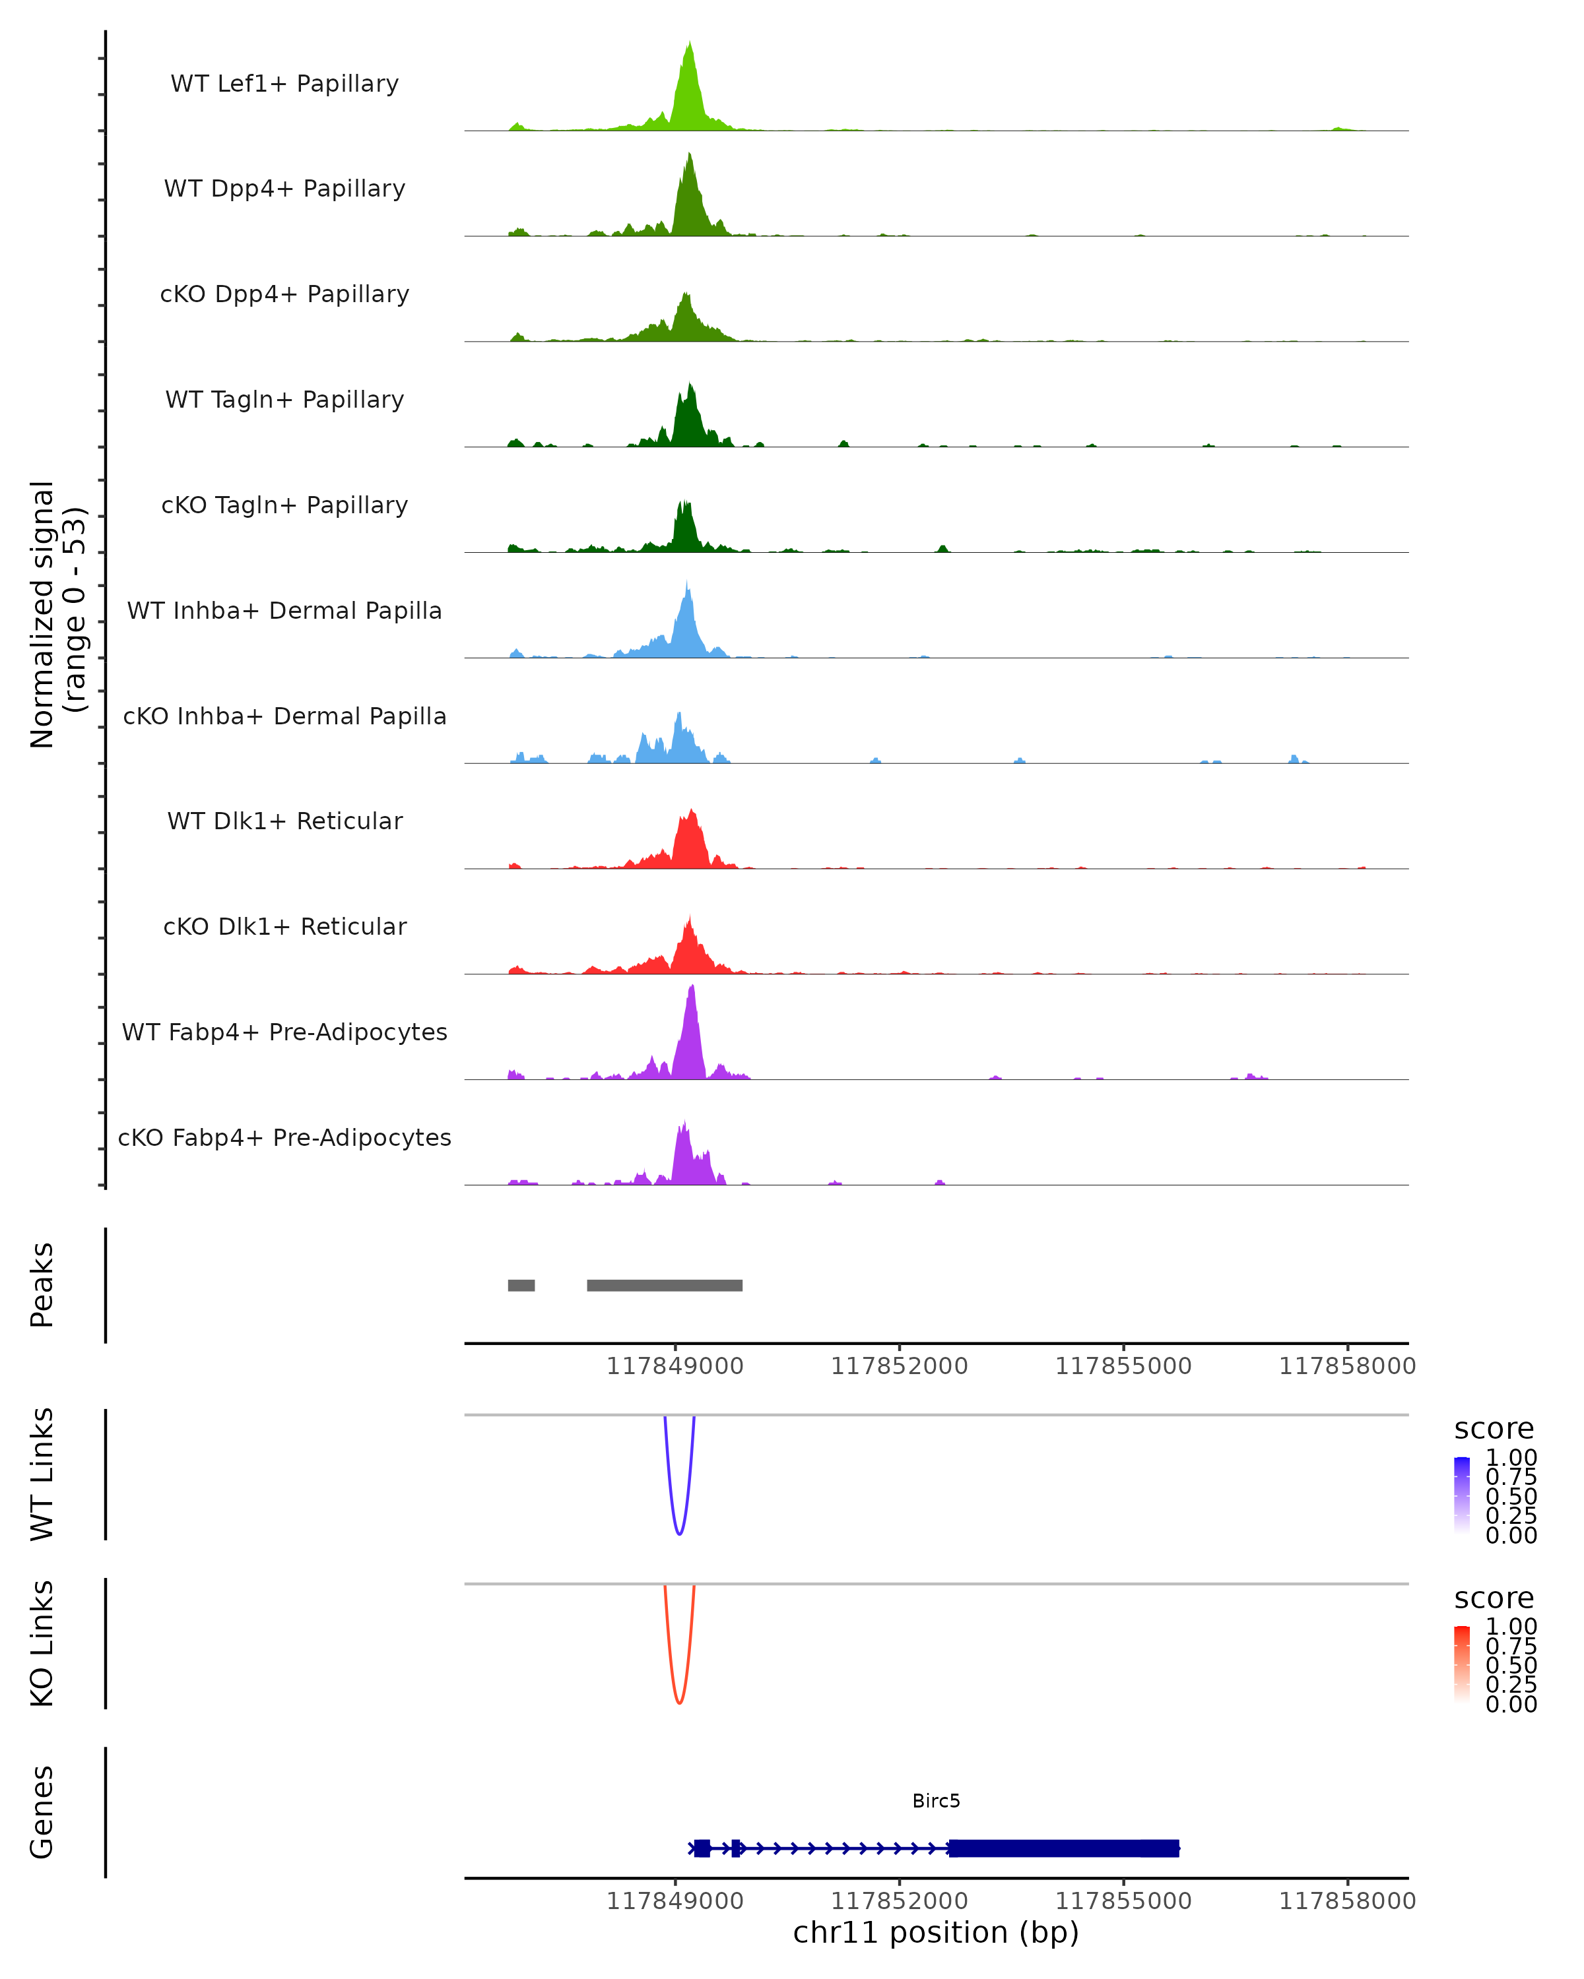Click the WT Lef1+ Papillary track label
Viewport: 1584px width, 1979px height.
[284, 84]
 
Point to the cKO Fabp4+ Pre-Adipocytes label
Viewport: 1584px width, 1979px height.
[284, 1137]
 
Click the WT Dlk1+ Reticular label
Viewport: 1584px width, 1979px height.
[284, 821]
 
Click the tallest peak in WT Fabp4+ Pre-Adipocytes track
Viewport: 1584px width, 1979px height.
[692, 988]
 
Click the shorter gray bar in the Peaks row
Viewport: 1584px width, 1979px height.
[521, 1285]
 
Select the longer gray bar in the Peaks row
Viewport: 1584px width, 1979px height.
[665, 1285]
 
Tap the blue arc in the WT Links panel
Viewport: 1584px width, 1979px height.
[678, 1534]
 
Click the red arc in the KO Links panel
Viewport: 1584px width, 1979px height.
[678, 1703]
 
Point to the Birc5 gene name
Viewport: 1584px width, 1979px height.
[936, 1801]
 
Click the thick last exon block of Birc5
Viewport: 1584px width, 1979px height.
[1063, 1848]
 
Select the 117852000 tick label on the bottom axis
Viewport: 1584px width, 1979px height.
[899, 1901]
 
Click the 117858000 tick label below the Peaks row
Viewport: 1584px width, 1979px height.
[1347, 1367]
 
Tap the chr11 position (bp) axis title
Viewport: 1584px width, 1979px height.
[936, 1932]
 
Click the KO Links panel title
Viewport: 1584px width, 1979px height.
[42, 1643]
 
